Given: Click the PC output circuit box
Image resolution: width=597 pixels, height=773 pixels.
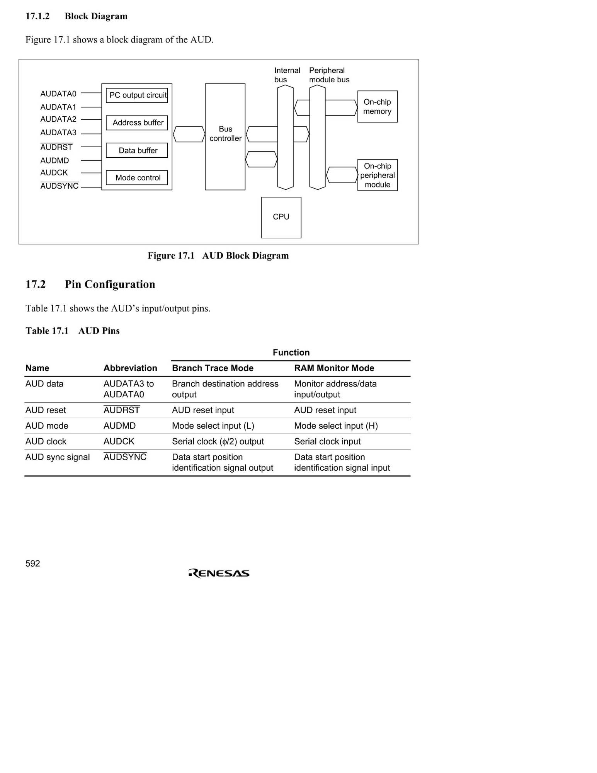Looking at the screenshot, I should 137,95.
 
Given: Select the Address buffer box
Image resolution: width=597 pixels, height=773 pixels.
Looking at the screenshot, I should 137,123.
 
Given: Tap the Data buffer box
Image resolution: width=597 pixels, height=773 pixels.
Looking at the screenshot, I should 137,150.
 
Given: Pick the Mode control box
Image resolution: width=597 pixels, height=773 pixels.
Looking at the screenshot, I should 137,178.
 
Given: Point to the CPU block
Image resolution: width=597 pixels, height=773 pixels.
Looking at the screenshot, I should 281,217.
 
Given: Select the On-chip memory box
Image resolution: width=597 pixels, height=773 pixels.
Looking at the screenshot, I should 377,107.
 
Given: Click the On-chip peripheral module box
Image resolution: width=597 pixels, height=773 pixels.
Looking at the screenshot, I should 377,175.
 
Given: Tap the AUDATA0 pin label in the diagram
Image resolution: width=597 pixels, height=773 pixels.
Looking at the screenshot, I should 58,94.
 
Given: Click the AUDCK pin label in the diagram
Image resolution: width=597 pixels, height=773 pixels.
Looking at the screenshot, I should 54,173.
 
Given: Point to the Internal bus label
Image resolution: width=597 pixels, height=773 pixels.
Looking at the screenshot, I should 287,75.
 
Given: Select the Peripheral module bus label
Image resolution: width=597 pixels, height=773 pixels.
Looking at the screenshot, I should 329,75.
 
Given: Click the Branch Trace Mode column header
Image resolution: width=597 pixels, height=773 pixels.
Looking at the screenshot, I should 213,368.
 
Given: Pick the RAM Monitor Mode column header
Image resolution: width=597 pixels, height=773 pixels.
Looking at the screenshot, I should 334,368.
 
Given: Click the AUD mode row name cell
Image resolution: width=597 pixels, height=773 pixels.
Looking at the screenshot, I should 47,426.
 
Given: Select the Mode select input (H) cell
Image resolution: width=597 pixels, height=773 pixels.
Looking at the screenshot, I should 336,426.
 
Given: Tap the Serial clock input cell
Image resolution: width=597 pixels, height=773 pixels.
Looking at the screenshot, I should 327,441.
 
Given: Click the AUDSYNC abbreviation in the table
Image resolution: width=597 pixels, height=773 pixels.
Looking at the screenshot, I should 125,457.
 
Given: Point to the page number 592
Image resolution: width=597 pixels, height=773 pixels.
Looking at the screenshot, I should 33,564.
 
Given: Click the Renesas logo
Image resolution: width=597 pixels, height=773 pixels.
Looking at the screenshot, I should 219,573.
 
